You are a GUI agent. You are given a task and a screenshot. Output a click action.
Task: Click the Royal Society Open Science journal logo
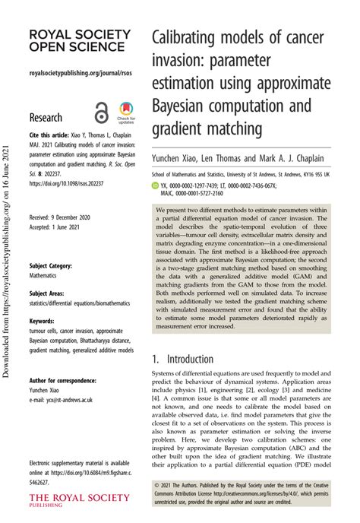73,41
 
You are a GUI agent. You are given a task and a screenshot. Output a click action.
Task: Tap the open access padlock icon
101,112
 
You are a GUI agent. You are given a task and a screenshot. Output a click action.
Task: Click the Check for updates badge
127,113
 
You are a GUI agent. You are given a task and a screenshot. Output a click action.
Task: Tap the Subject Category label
52,265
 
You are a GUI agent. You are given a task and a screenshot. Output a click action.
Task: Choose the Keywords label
43,321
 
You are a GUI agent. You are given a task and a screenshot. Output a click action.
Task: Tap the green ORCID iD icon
156,185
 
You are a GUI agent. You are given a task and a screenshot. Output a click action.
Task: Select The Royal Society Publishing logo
73,499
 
